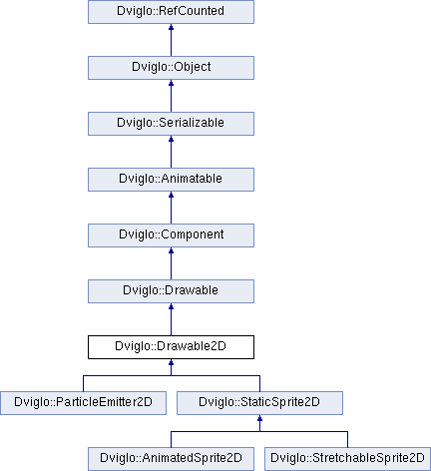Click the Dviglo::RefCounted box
(x=171, y=12)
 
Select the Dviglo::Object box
(x=171, y=68)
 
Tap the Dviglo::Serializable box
(x=171, y=124)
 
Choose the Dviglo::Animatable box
(x=171, y=180)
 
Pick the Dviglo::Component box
(x=171, y=235)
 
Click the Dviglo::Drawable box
(x=171, y=291)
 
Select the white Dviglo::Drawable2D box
(x=171, y=347)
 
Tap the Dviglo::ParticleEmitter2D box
(x=83, y=403)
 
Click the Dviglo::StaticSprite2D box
(x=259, y=403)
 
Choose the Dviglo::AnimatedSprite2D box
(x=171, y=459)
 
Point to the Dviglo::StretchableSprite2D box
(x=347, y=459)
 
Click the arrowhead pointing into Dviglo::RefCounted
(x=171, y=27)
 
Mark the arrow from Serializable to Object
(x=171, y=96)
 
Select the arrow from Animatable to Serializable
(x=171, y=152)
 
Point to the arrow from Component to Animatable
(x=171, y=208)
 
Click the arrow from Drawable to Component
(x=171, y=263)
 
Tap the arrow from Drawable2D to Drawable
(x=171, y=319)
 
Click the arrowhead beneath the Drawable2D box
(x=171, y=362)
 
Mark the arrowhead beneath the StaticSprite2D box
(x=259, y=418)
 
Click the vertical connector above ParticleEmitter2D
(x=83, y=383)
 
